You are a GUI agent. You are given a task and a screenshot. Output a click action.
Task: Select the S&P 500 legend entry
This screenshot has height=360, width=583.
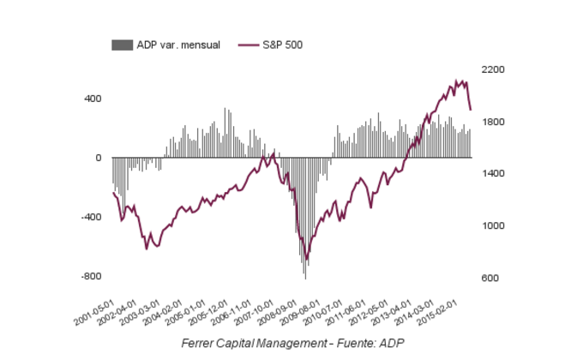point(279,45)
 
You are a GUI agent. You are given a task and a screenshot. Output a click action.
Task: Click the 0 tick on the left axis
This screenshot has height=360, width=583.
point(99,158)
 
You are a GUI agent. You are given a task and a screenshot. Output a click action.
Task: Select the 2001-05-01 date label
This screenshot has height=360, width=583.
point(94,312)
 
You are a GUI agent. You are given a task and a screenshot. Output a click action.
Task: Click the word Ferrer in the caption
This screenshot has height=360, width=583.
point(201,344)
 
